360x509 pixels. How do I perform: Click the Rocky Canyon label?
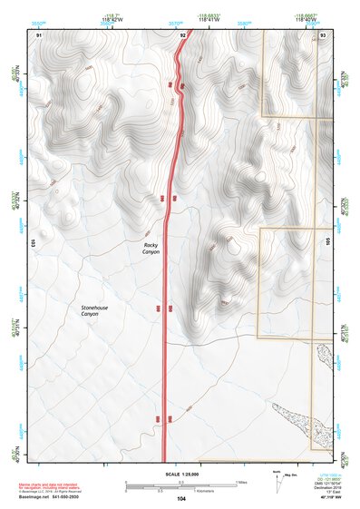151,249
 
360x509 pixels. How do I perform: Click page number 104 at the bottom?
181,499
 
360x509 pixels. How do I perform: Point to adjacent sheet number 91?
39,34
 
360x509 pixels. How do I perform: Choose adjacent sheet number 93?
324,34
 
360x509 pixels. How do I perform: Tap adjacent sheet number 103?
32,243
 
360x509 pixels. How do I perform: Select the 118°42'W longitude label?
113,19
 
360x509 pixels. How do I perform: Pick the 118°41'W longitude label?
212,19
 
